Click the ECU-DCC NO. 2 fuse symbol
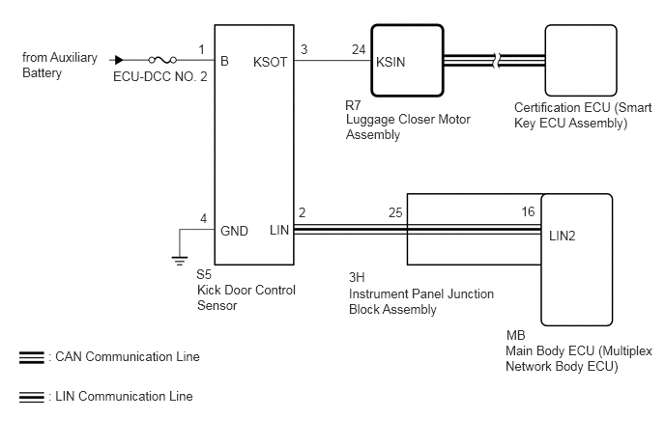[162, 60]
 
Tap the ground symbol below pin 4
[180, 261]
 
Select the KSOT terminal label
[270, 63]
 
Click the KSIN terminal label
[390, 63]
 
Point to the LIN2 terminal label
[562, 236]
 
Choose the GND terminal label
[234, 231]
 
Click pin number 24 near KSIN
[359, 49]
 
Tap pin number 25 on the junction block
[395, 212]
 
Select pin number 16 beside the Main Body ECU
[528, 211]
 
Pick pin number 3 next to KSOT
[304, 49]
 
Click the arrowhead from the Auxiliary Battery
[119, 60]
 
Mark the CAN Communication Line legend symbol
[31, 357]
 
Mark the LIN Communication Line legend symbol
[31, 397]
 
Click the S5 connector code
[204, 274]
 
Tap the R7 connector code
[353, 105]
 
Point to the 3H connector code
[357, 277]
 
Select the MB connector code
[516, 336]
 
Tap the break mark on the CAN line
[497, 60]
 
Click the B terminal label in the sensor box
[224, 62]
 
